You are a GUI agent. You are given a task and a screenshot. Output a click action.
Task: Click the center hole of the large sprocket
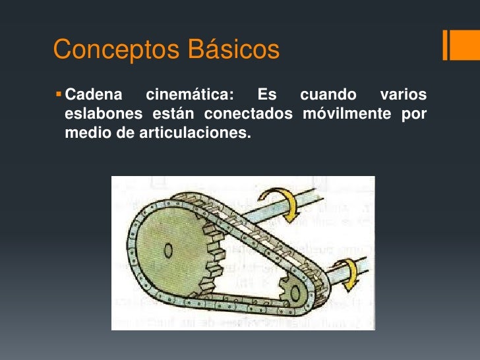tap(170, 251)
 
